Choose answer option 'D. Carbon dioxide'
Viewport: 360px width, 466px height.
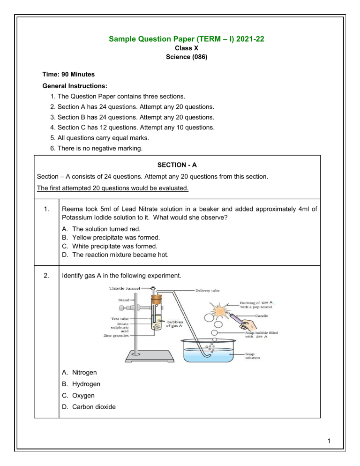coord(89,406)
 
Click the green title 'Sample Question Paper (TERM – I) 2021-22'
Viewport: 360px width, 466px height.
coord(180,40)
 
